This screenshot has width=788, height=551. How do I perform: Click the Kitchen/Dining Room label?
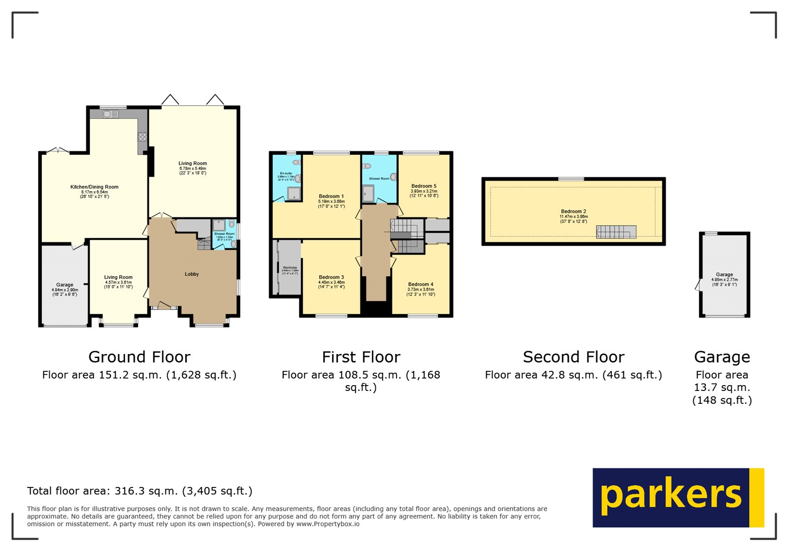94,187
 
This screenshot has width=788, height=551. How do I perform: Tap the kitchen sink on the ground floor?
110,114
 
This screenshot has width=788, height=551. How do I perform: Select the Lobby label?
192,274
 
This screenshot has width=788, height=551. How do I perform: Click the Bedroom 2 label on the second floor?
573,212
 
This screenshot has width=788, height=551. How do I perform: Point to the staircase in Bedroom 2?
616,232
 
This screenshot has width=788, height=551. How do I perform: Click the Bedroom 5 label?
424,187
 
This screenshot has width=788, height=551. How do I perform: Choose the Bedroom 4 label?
421,285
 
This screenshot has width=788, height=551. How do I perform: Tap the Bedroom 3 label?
331,277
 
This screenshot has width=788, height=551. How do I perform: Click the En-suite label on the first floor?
286,174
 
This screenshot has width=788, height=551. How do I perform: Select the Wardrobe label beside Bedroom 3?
290,268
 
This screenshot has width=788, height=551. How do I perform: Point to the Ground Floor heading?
139,357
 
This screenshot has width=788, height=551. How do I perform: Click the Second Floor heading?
573,357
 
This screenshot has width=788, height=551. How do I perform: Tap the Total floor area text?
139,491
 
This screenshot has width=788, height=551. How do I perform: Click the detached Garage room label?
724,275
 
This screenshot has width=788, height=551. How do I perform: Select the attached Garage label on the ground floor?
65,285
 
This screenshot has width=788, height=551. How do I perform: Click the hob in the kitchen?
142,136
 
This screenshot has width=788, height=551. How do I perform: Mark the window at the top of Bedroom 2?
571,179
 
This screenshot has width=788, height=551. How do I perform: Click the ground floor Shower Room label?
224,234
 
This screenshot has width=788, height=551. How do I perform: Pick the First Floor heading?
361,357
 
